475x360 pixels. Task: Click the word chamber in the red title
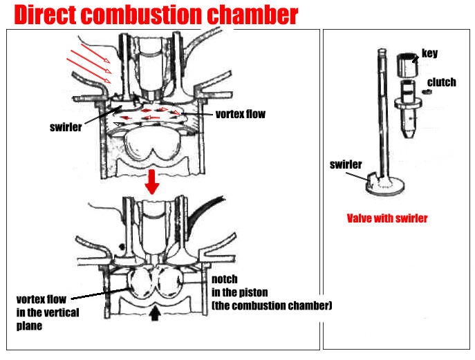[x=256, y=15]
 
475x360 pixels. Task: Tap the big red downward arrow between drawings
[x=153, y=184]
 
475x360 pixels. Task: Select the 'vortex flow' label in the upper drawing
[x=240, y=113]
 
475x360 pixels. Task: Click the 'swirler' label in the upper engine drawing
[x=66, y=127]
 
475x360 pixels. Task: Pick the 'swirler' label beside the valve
[x=346, y=164]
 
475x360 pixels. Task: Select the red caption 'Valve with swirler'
[x=386, y=218]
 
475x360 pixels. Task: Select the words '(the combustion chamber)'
[x=272, y=305]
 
